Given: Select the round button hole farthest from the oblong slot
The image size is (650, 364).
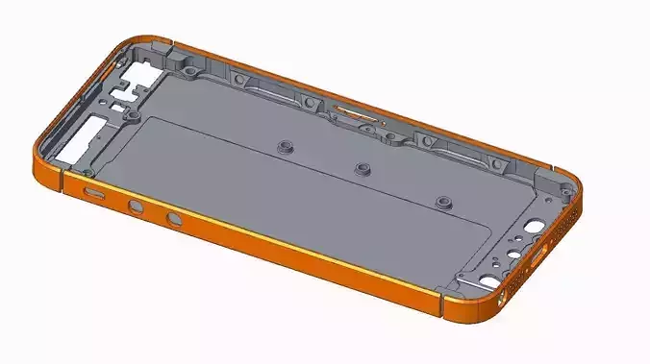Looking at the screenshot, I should click(173, 220).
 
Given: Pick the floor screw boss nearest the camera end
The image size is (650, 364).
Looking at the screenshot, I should click(284, 146).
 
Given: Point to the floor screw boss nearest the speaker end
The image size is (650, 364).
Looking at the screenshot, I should click(442, 201).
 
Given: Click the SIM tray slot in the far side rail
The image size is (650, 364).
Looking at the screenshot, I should click(357, 114).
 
